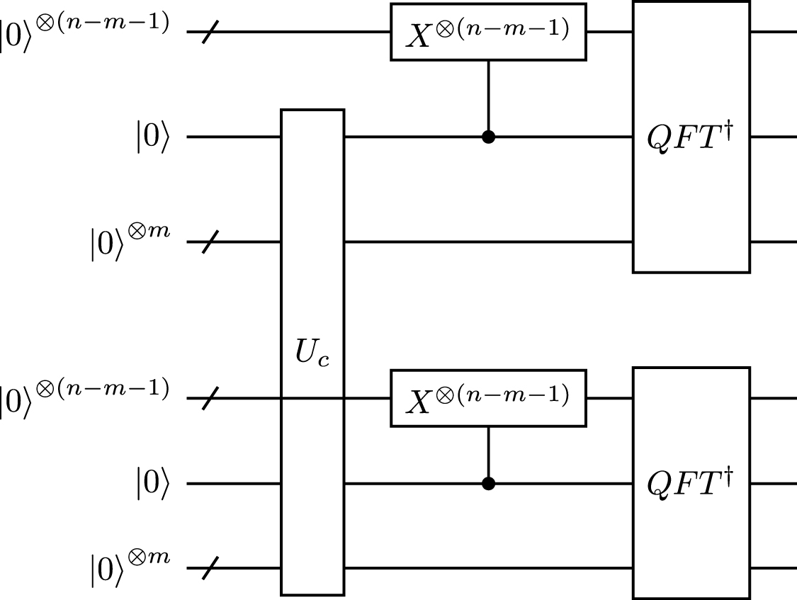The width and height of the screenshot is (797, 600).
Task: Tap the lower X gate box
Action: [488, 398]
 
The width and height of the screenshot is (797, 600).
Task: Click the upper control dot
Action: [488, 137]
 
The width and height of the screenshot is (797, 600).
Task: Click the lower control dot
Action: [488, 483]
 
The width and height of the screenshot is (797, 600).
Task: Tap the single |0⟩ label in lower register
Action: [153, 485]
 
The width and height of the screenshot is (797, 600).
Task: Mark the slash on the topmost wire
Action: [210, 33]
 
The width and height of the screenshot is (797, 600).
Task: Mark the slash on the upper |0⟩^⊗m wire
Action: [210, 242]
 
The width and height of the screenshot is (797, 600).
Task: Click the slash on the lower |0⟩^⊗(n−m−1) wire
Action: [210, 399]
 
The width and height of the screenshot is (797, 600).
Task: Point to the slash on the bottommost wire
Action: [210, 567]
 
